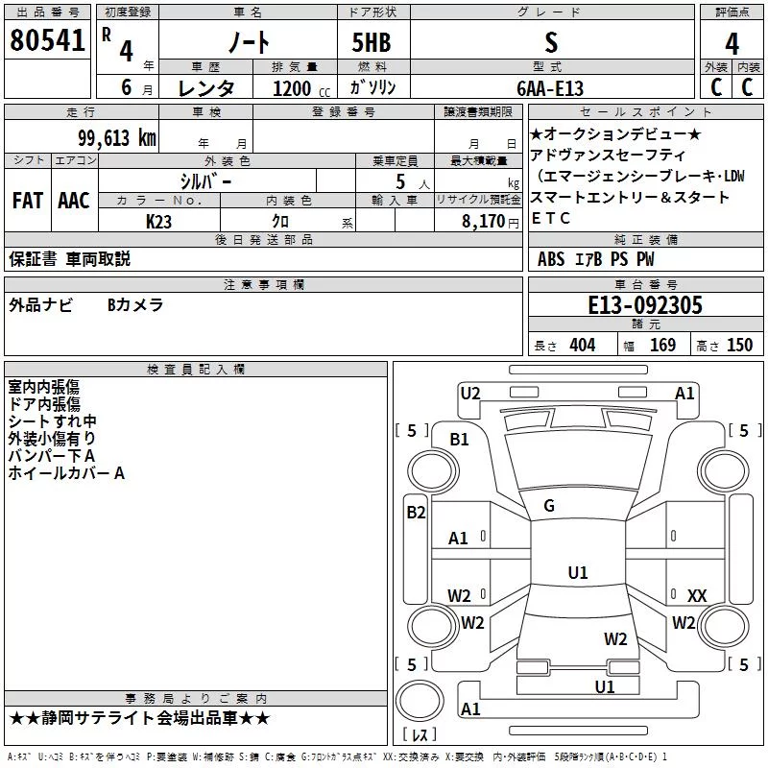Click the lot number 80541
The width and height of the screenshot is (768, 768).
[47, 40]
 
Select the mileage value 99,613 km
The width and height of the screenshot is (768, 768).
[117, 138]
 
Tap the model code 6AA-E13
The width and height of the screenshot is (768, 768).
[550, 88]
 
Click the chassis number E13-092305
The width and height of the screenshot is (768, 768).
[645, 305]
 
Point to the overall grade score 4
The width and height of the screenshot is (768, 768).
[732, 44]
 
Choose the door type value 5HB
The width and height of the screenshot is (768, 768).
[372, 42]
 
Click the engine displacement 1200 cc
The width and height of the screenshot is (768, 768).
[301, 88]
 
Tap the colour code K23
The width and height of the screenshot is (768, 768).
[158, 222]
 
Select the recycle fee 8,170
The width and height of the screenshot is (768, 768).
[484, 222]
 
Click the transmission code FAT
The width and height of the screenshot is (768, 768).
[28, 201]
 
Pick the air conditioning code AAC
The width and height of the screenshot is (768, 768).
[74, 201]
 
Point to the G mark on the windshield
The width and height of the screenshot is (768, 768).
[549, 506]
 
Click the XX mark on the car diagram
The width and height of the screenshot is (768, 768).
[697, 595]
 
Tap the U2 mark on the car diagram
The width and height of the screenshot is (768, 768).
[470, 394]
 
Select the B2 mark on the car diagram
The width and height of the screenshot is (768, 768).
[416, 513]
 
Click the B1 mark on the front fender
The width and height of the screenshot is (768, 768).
[459, 440]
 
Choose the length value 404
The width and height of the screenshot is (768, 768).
[583, 346]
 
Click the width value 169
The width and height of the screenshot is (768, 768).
[662, 346]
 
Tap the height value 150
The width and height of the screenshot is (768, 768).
[740, 346]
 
